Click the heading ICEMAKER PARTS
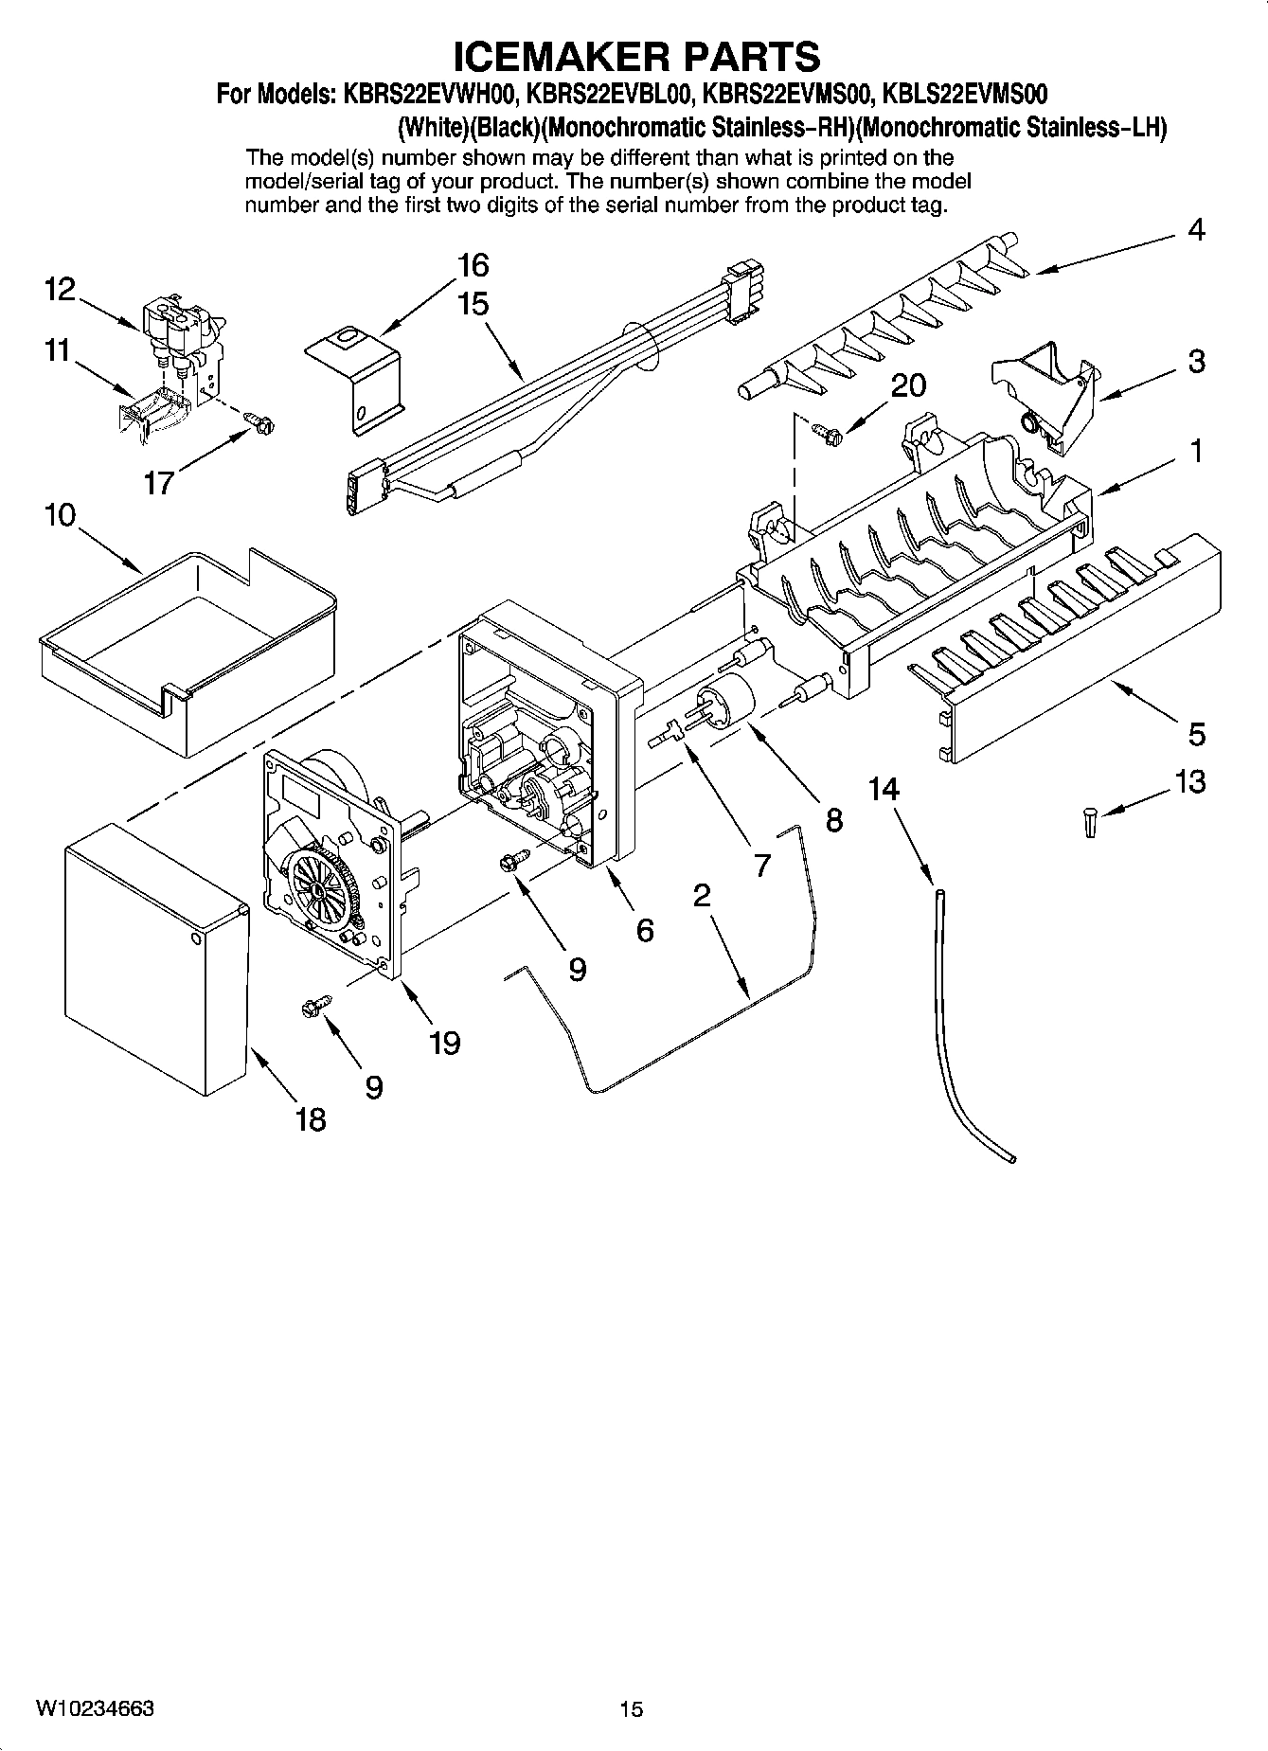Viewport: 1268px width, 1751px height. point(636,57)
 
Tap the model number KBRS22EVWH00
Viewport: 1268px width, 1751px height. point(422,95)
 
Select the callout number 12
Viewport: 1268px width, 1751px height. point(60,289)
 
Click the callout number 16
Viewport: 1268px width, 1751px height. point(473,265)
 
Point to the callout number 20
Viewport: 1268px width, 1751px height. point(908,385)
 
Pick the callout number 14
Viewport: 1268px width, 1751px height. point(884,789)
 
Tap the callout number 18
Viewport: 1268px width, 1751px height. point(311,1119)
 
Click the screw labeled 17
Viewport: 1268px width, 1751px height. point(259,422)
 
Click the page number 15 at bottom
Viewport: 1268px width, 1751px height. point(632,1709)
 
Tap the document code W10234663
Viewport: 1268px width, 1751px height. point(95,1708)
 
